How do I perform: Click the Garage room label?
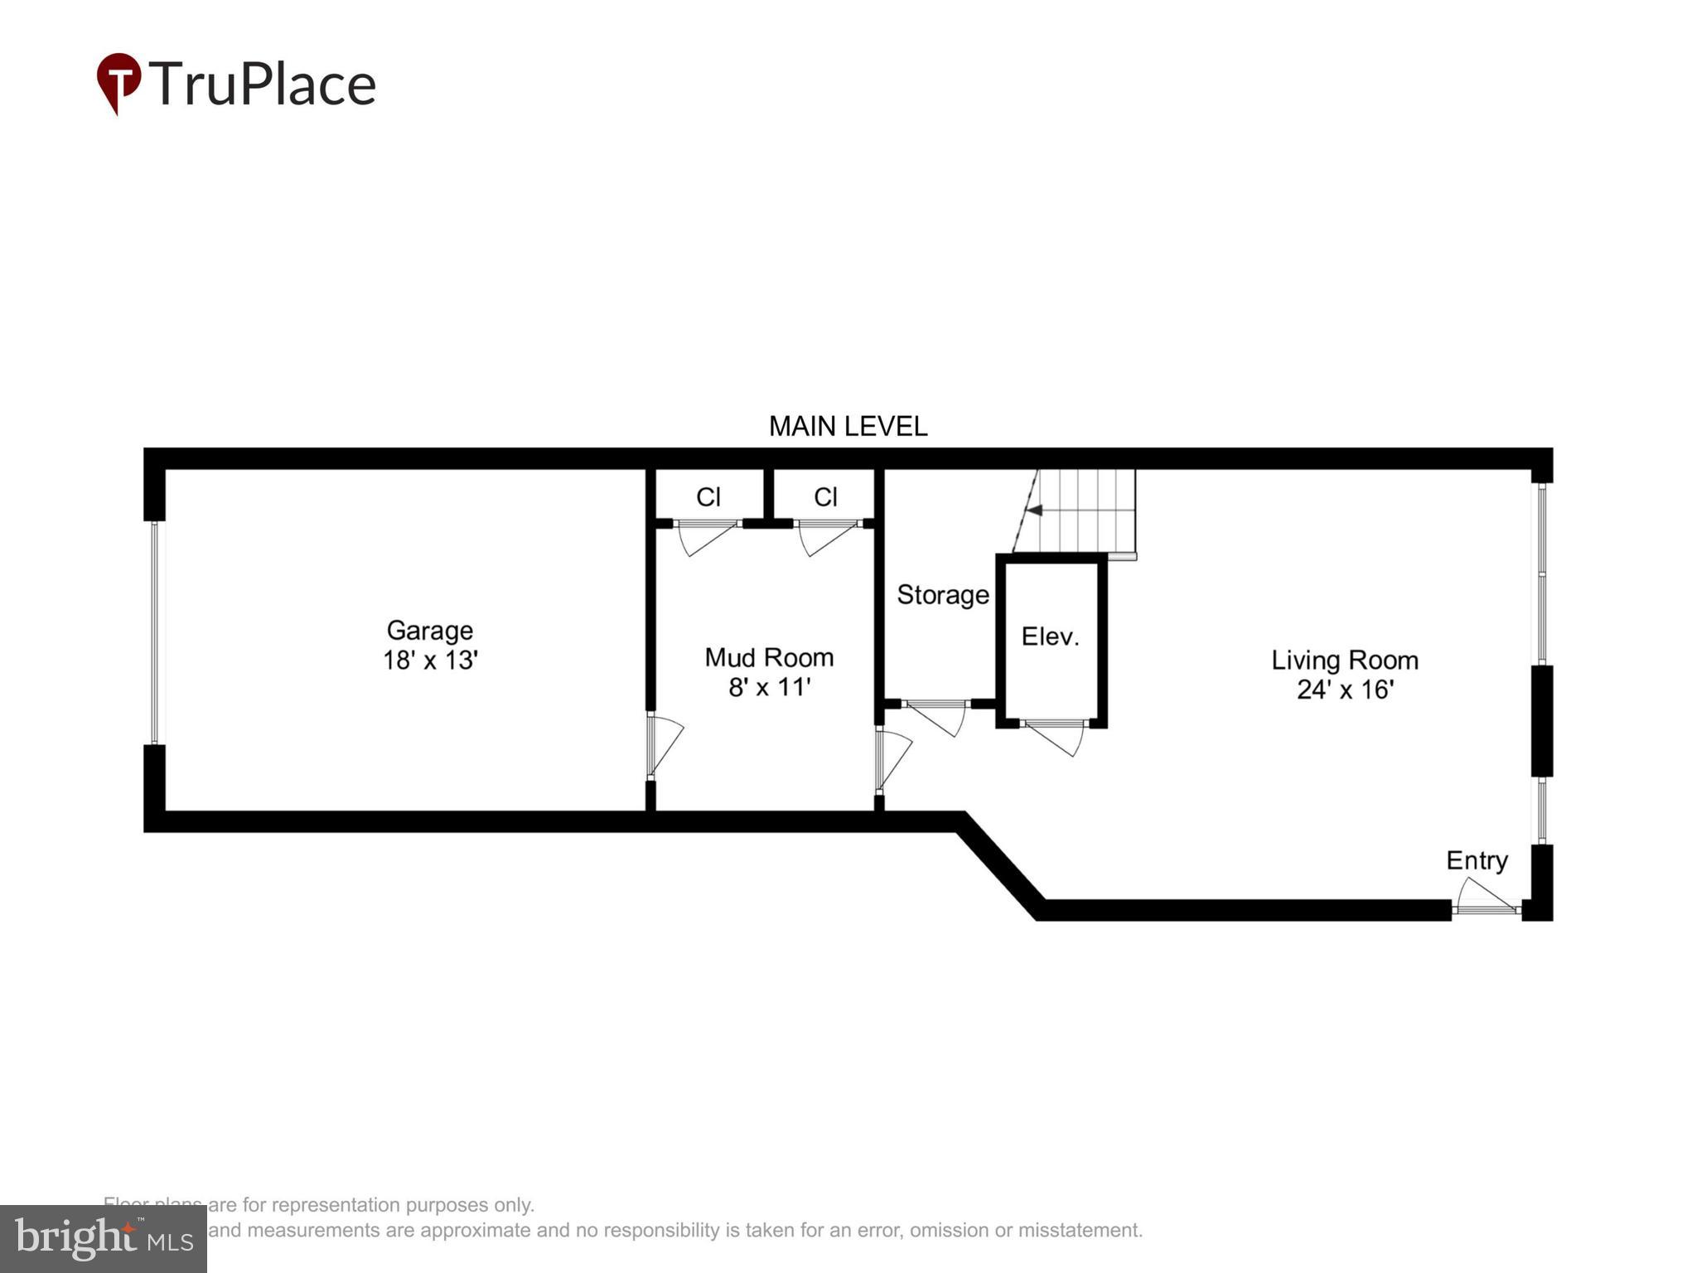429,631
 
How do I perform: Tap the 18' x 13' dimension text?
429,661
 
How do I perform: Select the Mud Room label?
769,657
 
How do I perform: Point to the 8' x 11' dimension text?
769,687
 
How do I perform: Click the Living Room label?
1344,661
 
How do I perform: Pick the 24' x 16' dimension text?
1344,690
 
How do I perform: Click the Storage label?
942,595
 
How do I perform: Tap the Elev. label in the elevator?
1050,636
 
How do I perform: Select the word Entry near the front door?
1477,860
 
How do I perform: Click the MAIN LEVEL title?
848,426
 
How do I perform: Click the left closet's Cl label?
708,496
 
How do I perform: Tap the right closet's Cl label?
825,496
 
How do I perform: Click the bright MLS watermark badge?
103,1238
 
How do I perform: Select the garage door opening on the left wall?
154,632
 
